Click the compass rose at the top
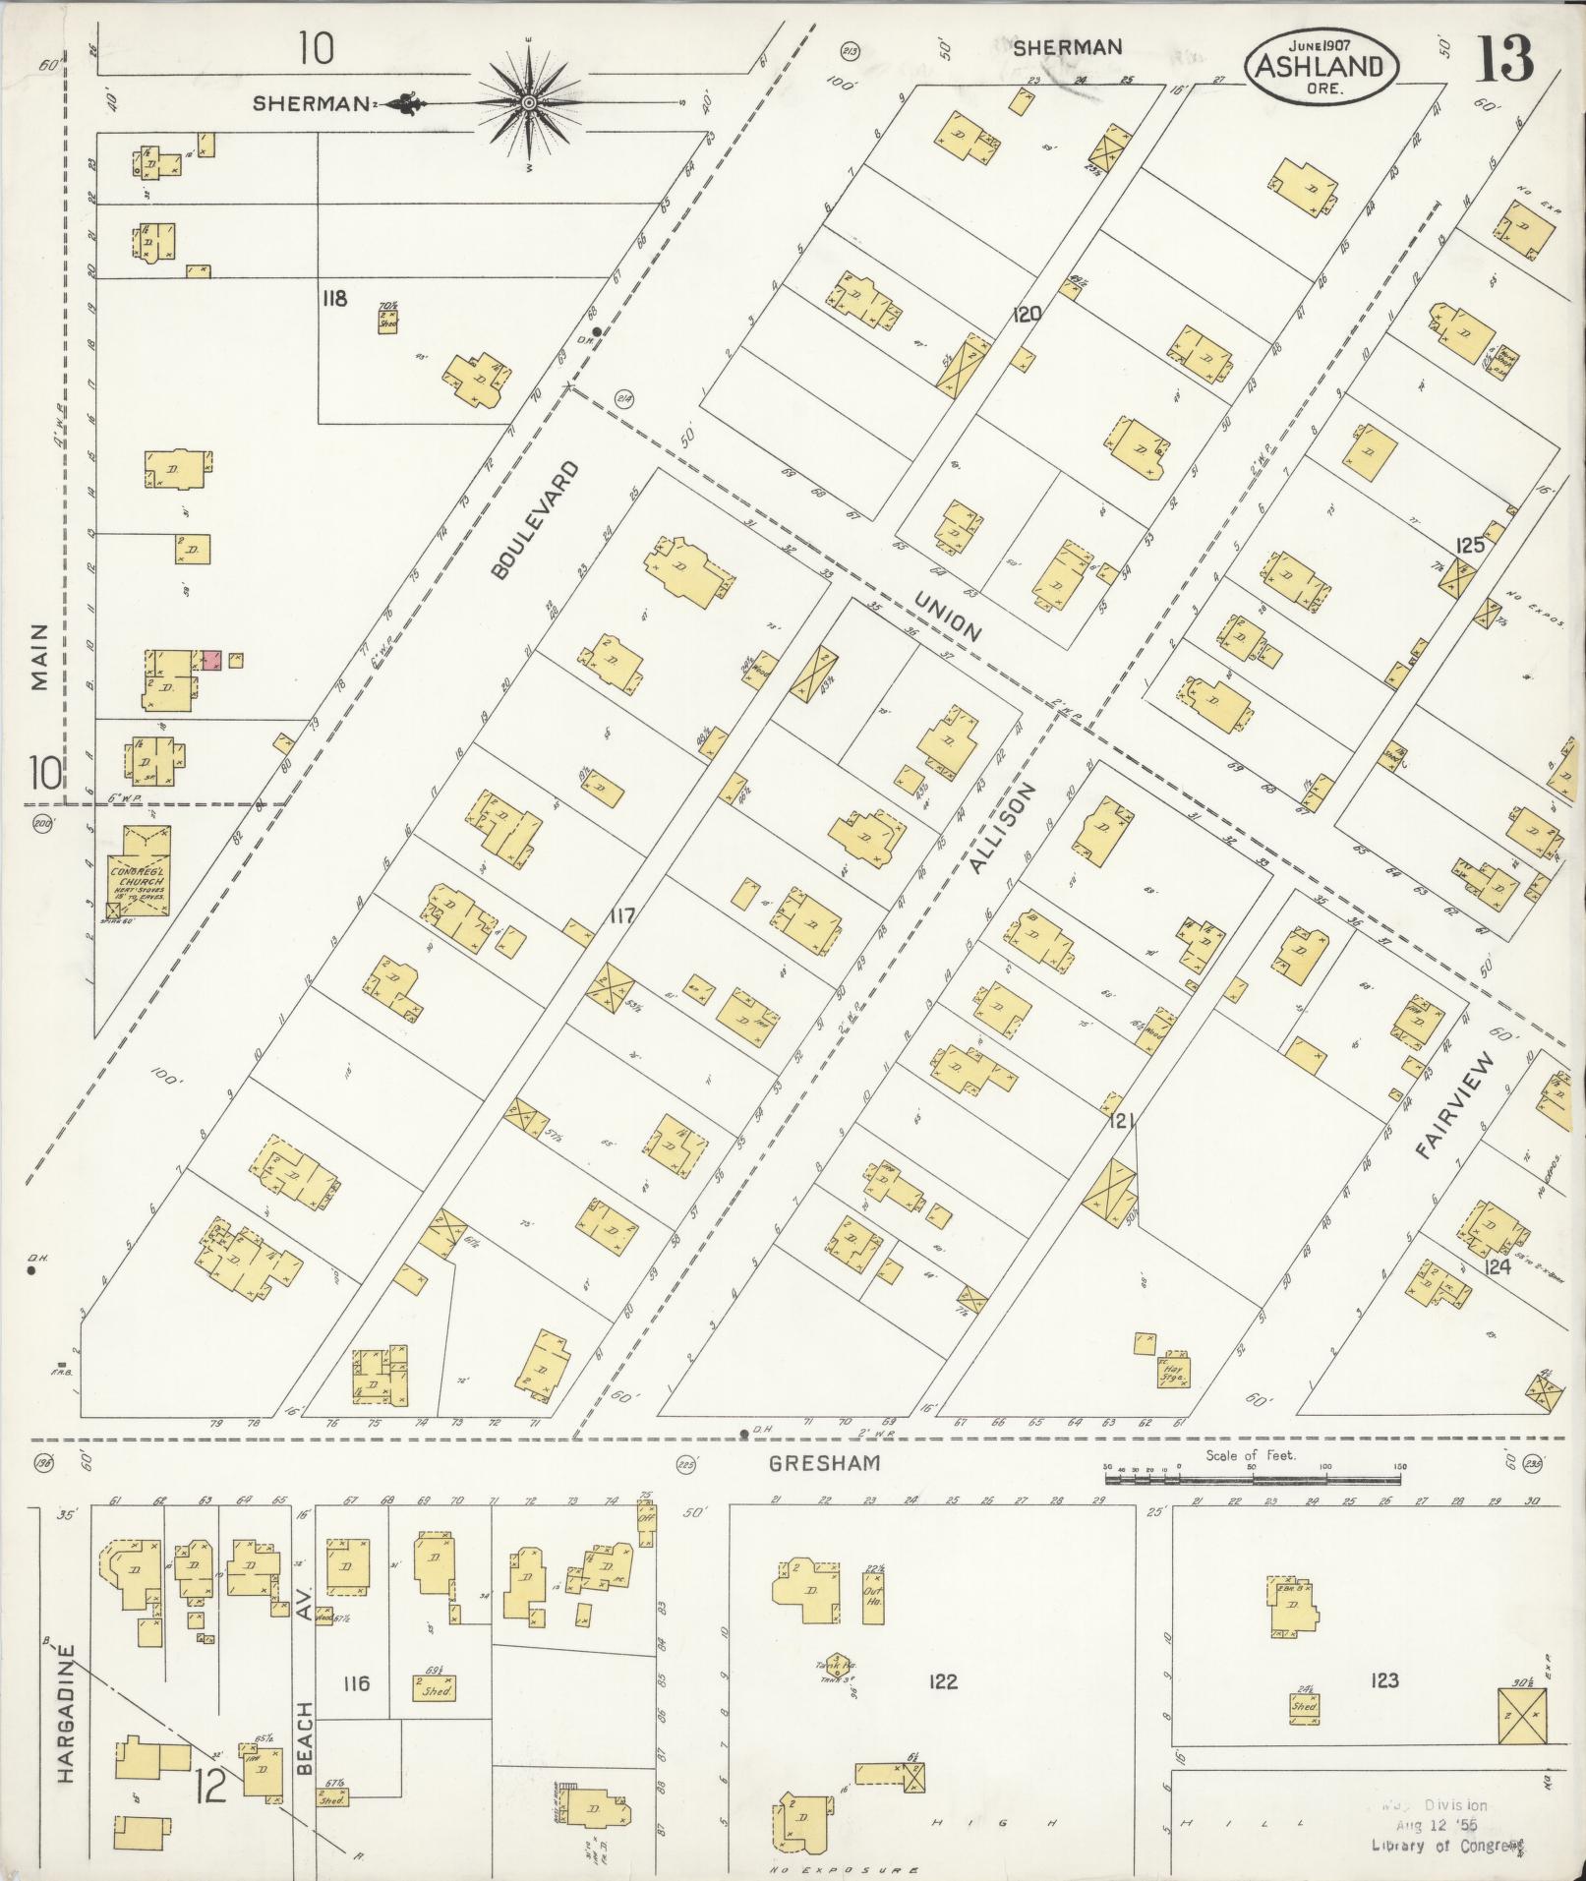click(x=529, y=102)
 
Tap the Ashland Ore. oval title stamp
click(x=1320, y=66)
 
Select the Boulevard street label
click(x=532, y=519)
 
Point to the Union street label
click(x=948, y=617)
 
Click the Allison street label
click(x=1003, y=828)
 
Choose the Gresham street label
click(x=824, y=1463)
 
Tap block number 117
click(x=621, y=916)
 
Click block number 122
click(x=942, y=1681)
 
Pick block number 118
click(x=334, y=298)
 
